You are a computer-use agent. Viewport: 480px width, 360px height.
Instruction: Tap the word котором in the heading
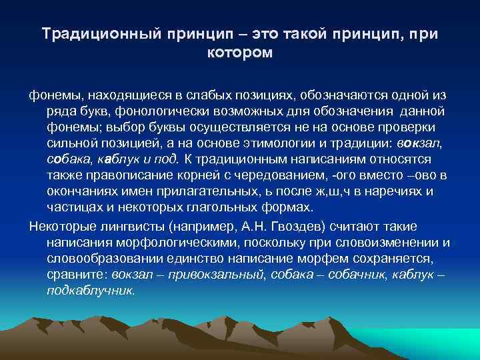tap(240, 53)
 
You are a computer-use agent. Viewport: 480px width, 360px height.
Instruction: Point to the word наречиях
tap(390, 191)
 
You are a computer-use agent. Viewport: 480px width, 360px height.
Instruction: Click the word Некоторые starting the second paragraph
tap(61, 225)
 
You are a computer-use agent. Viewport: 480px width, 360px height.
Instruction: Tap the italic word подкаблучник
tap(91, 291)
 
